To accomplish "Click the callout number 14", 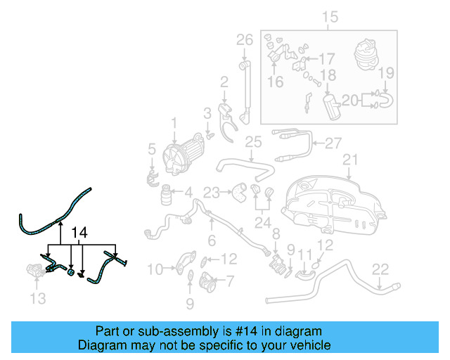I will click(x=80, y=233).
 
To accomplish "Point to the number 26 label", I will click(x=244, y=39).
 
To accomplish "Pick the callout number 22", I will click(x=380, y=269).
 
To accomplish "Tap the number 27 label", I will click(x=333, y=143).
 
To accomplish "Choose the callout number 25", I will click(x=253, y=143).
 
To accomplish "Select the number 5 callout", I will click(x=151, y=148).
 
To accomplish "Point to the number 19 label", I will click(x=386, y=73).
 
